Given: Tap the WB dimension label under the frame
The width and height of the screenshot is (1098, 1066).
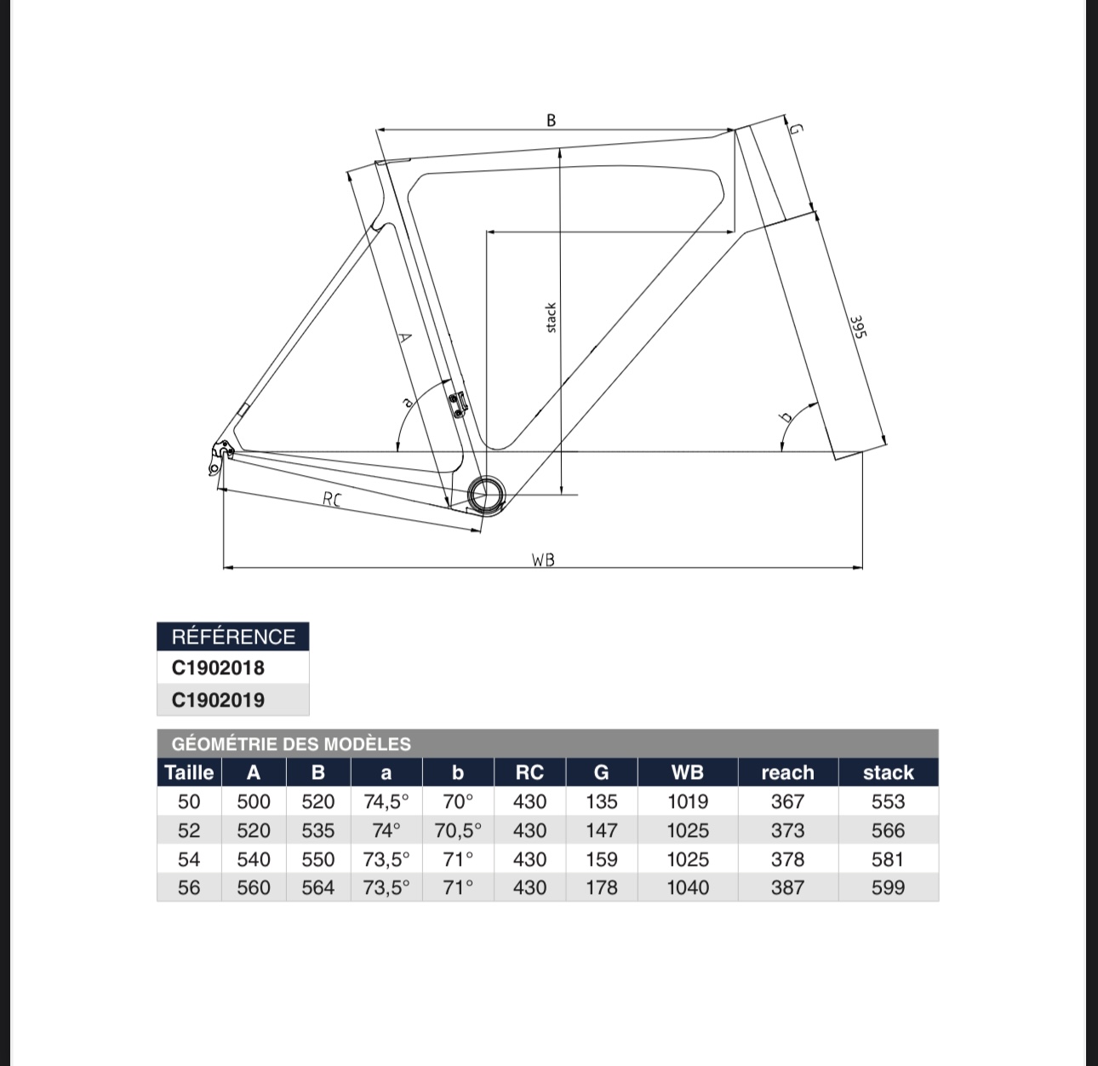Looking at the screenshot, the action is (543, 559).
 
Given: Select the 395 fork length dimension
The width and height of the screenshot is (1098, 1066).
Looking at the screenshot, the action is (857, 327).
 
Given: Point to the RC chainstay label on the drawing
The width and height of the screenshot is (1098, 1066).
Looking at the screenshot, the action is (332, 500).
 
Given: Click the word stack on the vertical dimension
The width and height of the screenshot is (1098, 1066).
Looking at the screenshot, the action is (552, 318).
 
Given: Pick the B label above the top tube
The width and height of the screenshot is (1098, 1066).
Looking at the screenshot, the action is (552, 120).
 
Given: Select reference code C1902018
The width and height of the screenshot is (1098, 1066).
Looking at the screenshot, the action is (218, 668).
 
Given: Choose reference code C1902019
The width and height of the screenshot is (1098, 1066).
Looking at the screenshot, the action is (218, 700).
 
